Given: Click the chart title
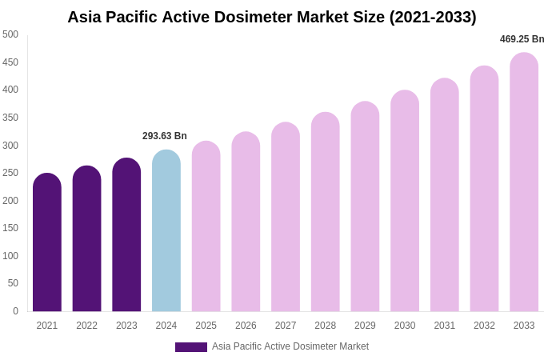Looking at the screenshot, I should [272, 17].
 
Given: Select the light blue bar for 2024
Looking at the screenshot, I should [166, 232].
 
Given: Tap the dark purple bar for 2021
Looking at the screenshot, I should [47, 244].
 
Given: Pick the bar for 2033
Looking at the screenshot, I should [524, 184].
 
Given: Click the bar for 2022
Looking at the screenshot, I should [86, 240].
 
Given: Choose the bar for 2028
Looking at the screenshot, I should [326, 214].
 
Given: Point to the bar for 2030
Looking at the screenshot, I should [405, 202].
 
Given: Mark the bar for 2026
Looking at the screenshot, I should [246, 223].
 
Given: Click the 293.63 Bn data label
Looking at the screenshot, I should [165, 136].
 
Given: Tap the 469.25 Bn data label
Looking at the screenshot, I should [522, 39].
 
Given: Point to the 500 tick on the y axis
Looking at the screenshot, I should [10, 34].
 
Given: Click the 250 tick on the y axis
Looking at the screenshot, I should [10, 173].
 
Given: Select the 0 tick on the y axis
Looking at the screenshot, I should [15, 311].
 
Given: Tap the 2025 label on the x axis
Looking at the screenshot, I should [206, 326].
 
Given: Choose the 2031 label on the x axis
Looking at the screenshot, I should [444, 326].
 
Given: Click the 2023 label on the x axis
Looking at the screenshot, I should [126, 326].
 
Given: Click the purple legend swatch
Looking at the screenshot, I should [191, 347].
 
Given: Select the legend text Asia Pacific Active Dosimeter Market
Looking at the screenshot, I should [290, 346].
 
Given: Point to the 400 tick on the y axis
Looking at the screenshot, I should [10, 90].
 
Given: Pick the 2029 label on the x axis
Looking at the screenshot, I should [365, 326].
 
